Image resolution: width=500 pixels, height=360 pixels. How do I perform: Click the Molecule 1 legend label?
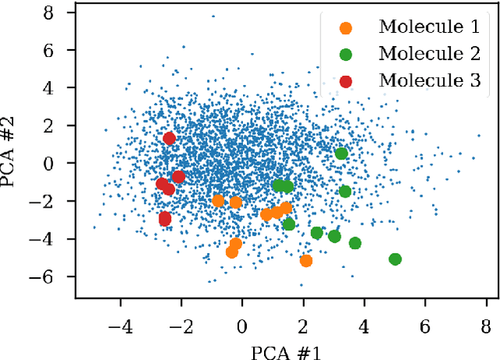click(429, 27)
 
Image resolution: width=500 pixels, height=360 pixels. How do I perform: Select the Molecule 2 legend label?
click(429, 54)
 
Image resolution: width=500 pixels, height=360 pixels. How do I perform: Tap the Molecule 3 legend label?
click(429, 80)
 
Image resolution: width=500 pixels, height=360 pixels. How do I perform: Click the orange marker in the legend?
click(345, 27)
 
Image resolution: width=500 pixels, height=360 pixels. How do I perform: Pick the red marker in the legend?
click(345, 80)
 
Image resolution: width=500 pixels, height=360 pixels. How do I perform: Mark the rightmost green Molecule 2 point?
click(395, 259)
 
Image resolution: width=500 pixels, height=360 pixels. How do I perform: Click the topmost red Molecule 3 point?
click(170, 139)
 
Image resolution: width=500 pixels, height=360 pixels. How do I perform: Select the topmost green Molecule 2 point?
click(341, 153)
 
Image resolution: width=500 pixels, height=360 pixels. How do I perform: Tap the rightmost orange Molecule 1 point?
click(306, 261)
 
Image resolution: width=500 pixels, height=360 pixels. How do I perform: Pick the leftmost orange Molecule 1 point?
click(218, 201)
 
